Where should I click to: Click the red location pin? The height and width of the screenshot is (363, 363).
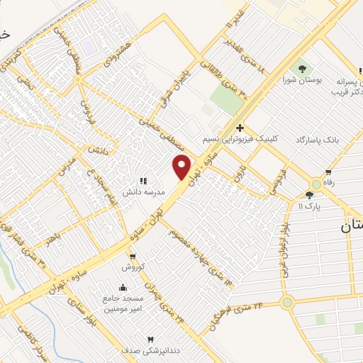tap(182, 167)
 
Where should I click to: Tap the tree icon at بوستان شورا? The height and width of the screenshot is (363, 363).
tap(303, 69)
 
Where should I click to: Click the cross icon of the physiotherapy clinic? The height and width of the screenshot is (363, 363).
tap(240, 128)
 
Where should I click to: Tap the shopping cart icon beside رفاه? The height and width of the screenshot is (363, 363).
tap(328, 172)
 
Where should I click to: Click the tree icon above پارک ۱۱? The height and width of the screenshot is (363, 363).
tap(309, 195)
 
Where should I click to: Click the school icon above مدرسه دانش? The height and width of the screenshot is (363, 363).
tap(143, 181)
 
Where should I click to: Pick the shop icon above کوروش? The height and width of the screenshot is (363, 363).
tap(132, 257)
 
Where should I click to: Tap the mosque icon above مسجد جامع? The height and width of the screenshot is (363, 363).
tap(123, 288)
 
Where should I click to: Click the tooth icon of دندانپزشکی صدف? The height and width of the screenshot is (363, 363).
tap(150, 340)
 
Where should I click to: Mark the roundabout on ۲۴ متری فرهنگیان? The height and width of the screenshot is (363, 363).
tap(287, 303)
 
